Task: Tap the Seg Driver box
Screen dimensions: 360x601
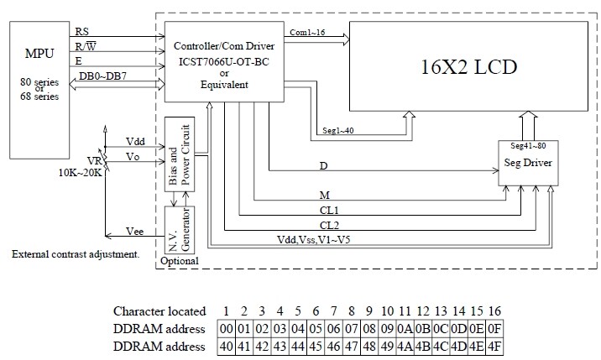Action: click(528, 163)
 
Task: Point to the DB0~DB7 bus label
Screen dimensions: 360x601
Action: click(98, 76)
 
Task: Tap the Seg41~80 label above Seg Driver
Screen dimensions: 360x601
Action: click(528, 147)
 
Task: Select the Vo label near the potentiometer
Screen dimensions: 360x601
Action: click(133, 155)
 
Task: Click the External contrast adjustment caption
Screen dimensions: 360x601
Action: click(76, 253)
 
